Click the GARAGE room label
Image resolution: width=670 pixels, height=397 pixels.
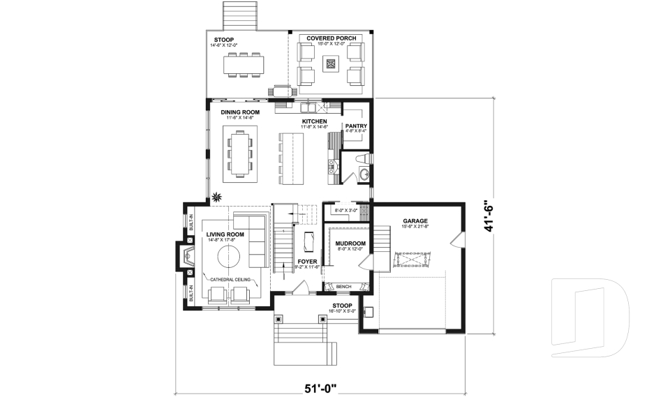415,220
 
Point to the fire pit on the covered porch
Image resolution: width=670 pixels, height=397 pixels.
332,65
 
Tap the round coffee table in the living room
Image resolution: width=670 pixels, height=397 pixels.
232,256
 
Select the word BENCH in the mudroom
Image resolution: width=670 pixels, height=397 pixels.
343,287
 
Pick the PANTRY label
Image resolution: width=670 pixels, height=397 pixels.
356,126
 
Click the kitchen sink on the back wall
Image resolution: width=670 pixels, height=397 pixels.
307,108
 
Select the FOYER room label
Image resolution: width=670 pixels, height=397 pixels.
307,262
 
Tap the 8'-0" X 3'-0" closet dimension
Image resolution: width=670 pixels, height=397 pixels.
345,210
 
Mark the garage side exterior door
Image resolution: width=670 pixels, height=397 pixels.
456,241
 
